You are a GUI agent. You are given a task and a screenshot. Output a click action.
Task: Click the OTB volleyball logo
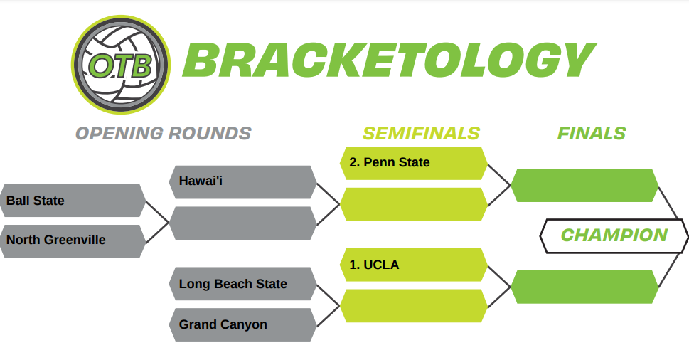click(121, 65)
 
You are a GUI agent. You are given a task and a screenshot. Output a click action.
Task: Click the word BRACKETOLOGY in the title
click(389, 60)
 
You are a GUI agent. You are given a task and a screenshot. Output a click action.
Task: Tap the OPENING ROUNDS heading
click(163, 133)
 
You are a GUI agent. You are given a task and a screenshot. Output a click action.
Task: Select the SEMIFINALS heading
click(421, 133)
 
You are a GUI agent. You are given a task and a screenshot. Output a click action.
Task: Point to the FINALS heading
click(592, 133)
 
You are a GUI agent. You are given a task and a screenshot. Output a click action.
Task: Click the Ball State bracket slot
click(73, 201)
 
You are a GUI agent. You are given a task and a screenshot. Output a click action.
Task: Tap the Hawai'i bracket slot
click(242, 182)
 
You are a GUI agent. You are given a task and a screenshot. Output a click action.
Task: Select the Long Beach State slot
click(242, 283)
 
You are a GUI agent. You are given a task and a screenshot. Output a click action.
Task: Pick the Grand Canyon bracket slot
click(242, 324)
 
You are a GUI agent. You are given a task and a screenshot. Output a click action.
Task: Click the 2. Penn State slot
click(414, 163)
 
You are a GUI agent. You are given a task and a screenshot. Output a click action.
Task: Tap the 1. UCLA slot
click(414, 265)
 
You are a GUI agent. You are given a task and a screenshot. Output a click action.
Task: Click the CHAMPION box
click(614, 236)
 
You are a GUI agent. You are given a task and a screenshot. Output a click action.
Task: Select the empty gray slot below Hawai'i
click(242, 223)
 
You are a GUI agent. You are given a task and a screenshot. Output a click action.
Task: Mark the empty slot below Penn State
click(414, 204)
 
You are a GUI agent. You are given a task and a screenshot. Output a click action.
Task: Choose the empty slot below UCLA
click(414, 305)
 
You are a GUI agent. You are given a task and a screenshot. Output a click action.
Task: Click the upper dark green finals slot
click(584, 185)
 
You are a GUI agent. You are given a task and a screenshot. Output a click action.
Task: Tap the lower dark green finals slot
click(584, 287)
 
